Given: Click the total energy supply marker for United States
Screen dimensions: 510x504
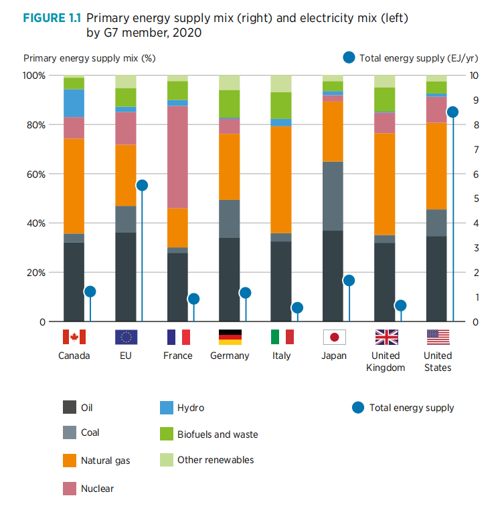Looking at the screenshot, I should coord(452,112).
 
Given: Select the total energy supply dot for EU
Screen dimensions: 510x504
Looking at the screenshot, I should coord(141,185).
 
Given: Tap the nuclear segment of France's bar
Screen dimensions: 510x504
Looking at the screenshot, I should coord(177,157).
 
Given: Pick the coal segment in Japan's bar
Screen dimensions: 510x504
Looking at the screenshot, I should coord(333,196).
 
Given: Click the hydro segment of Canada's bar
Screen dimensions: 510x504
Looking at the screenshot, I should coord(74,103).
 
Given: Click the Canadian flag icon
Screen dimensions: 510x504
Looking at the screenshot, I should coord(74,337).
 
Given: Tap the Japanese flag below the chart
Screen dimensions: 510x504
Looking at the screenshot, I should coord(333,337).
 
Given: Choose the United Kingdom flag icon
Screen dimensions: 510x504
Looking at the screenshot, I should coord(386,337).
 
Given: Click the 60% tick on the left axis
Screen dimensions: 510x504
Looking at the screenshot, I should coord(34,174).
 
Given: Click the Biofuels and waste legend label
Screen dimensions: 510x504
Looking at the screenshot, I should coord(218,434).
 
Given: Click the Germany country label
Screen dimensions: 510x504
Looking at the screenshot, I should coord(230,356).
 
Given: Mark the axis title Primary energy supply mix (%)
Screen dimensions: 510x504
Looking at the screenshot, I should coord(89,58).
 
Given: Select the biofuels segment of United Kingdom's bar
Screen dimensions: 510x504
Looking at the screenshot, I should coord(386,100).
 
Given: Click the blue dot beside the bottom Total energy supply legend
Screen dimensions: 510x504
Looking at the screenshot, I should coord(357,407).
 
